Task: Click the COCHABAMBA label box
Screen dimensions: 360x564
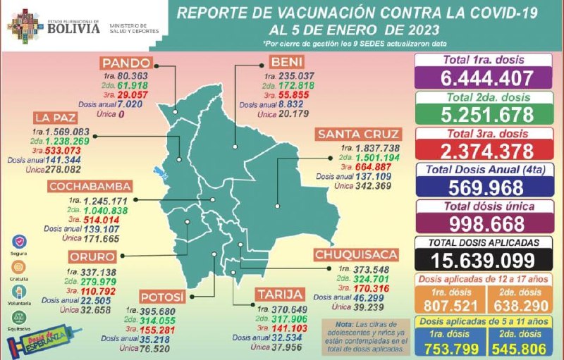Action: pyautogui.click(x=90, y=187)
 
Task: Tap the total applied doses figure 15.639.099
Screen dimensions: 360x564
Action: pyautogui.click(x=484, y=259)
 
